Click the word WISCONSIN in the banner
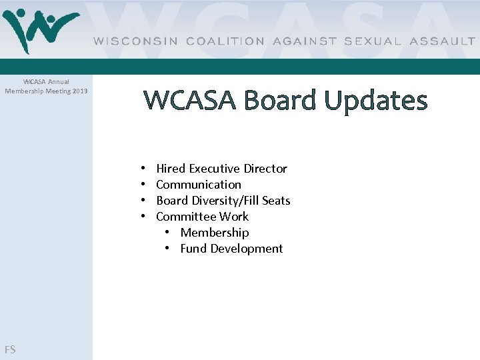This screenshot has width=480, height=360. click(x=136, y=41)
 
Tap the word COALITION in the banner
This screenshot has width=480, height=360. click(x=225, y=41)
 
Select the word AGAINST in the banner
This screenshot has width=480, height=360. click(x=304, y=41)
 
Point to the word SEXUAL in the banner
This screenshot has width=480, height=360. click(x=373, y=41)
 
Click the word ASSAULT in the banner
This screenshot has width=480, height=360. click(x=443, y=41)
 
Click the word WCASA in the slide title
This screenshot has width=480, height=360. click(x=190, y=100)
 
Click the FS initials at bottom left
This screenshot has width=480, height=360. click(x=10, y=349)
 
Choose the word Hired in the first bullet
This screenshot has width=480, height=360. click(x=171, y=169)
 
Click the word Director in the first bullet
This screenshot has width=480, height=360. click(x=265, y=169)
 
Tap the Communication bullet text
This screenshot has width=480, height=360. click(x=199, y=185)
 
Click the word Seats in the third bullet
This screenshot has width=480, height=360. click(x=276, y=201)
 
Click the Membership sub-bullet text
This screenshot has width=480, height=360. click(x=215, y=233)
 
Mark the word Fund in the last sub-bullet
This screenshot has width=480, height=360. click(x=193, y=249)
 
